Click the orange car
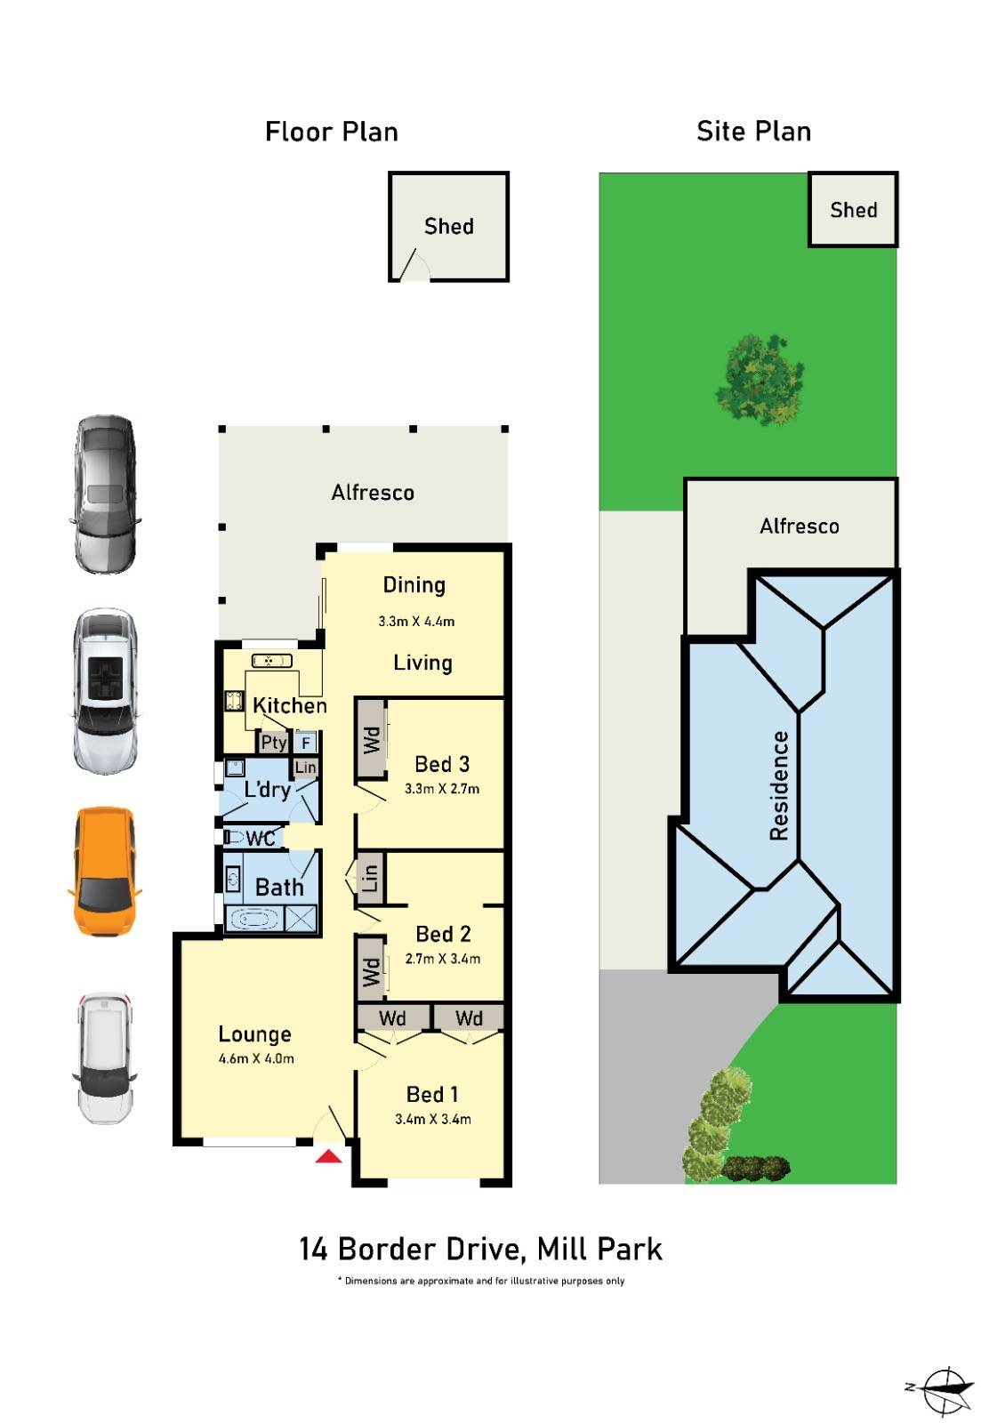click(x=105, y=871)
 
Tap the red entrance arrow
click(x=328, y=1156)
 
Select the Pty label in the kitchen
click(x=273, y=742)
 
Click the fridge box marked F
click(x=306, y=742)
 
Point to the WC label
click(x=260, y=838)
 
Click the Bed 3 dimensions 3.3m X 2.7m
click(x=441, y=789)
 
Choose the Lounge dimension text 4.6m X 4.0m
click(x=256, y=1058)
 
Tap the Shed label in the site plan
click(x=853, y=210)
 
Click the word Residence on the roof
click(x=779, y=785)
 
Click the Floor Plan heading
click(x=331, y=132)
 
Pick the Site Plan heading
click(x=753, y=132)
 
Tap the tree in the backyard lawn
click(x=760, y=378)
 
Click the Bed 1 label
click(x=432, y=1094)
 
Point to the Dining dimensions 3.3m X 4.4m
click(x=416, y=622)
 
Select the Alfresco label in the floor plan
click(x=373, y=493)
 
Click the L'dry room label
click(x=268, y=789)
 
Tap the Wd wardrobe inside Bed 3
click(x=371, y=739)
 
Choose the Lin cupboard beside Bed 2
click(x=369, y=879)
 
